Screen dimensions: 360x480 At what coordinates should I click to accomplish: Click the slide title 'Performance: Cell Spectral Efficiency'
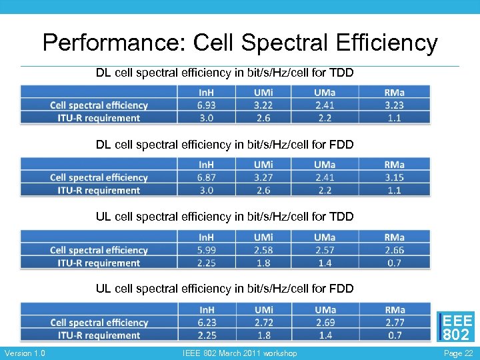240,43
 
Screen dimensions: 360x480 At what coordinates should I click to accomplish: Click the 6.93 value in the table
206,105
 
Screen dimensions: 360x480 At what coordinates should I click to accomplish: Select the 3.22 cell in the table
263,105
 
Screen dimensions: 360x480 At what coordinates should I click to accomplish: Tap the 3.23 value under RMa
394,105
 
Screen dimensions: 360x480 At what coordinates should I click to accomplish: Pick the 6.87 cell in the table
206,177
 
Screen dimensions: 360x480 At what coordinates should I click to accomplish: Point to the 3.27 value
263,177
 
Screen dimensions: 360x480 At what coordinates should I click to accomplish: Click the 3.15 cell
394,177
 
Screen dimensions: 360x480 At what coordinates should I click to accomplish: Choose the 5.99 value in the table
206,250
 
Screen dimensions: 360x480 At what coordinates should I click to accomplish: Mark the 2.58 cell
263,250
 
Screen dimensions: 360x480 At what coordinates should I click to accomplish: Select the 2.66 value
394,250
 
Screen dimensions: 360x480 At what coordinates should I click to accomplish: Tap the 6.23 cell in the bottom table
206,323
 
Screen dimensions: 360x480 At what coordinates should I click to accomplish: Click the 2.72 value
263,323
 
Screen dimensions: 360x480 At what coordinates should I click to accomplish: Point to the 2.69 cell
325,323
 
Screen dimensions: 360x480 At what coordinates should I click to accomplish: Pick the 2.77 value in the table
394,323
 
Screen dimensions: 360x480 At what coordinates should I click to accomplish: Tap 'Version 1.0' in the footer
25,353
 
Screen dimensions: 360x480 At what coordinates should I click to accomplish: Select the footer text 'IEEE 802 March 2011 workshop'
239,353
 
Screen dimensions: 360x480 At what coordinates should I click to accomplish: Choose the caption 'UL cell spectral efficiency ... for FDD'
225,289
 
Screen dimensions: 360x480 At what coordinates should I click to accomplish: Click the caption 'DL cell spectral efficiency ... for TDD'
225,73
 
